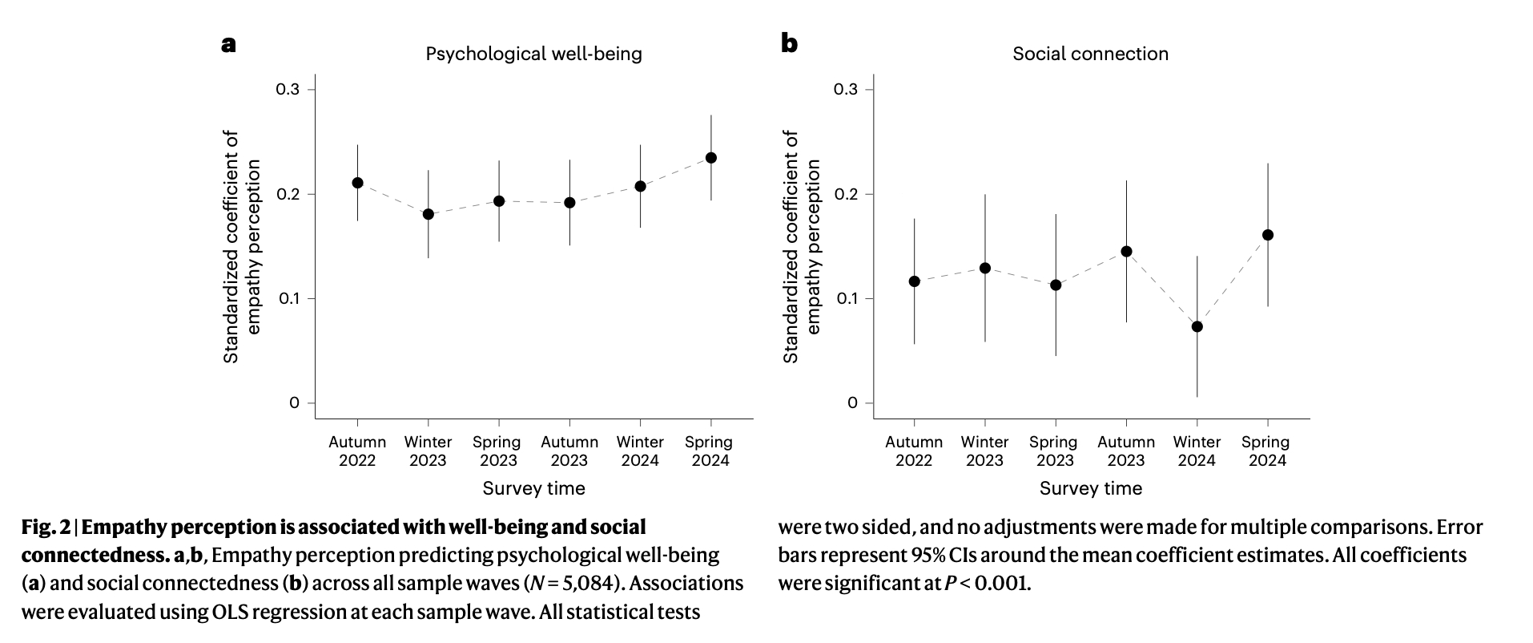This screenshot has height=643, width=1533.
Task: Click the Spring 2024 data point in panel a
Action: [x=710, y=158]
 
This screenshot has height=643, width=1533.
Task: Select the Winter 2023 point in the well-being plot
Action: [x=428, y=214]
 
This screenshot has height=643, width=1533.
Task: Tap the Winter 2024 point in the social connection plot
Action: [x=1197, y=326]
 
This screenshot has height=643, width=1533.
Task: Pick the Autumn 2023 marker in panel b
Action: [x=1126, y=251]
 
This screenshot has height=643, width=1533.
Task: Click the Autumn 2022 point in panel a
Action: [x=357, y=183]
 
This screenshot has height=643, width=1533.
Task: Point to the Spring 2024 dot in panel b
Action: [x=1268, y=235]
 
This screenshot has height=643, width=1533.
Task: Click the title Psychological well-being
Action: [x=533, y=54]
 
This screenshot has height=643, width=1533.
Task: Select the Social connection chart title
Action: [x=1090, y=54]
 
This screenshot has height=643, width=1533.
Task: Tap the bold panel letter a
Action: [x=228, y=43]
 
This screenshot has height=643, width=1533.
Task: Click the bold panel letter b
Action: [x=789, y=43]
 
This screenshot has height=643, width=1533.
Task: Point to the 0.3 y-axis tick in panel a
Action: [x=288, y=89]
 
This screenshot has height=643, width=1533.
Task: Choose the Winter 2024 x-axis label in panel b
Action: [x=1197, y=451]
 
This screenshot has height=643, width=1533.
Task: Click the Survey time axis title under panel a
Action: [x=533, y=488]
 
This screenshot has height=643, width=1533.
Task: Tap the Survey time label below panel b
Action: [x=1090, y=488]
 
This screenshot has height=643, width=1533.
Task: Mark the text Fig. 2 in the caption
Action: [x=46, y=528]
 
